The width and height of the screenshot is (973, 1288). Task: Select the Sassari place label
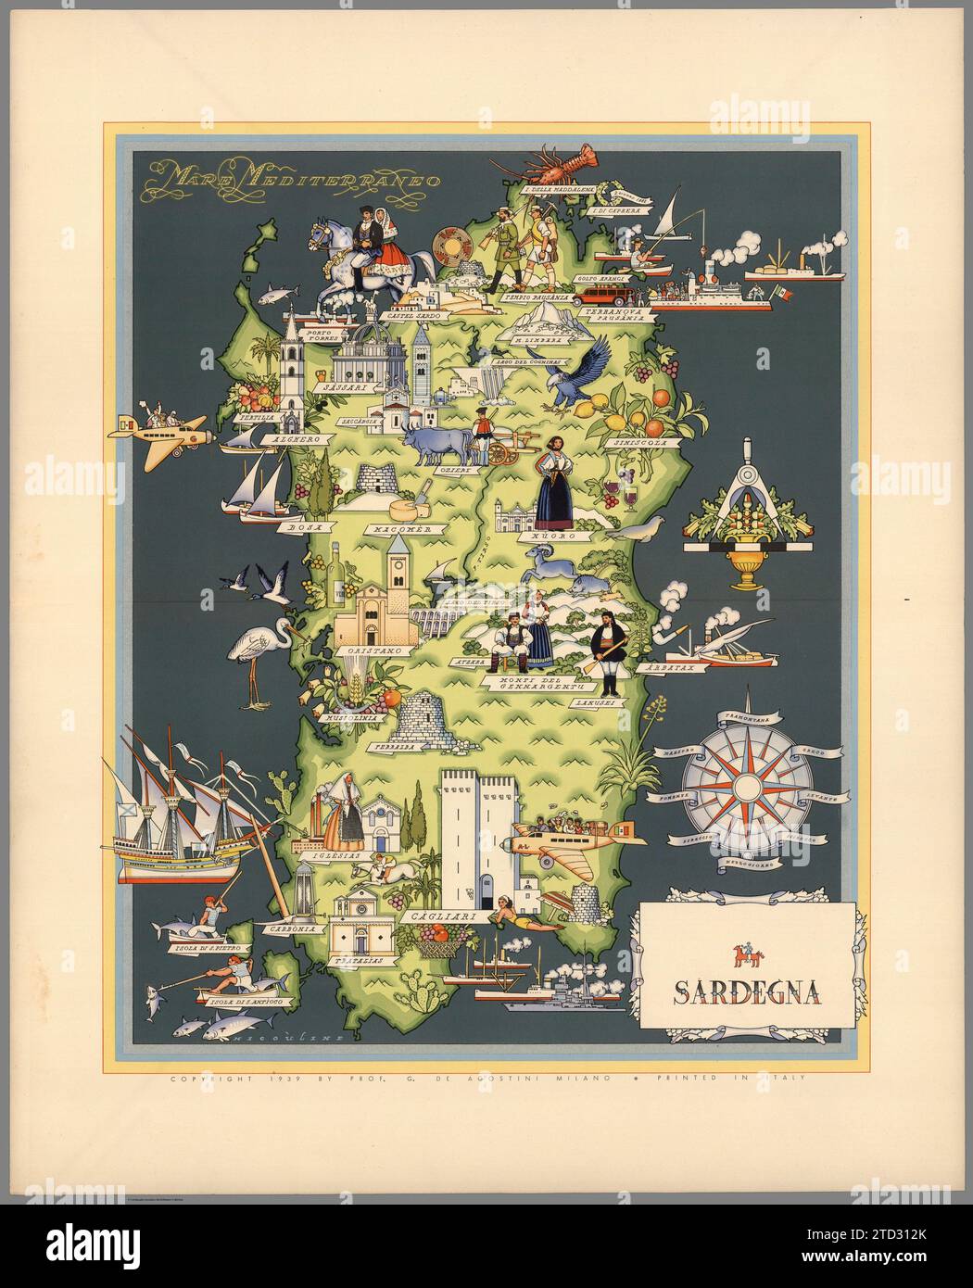(342, 389)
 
